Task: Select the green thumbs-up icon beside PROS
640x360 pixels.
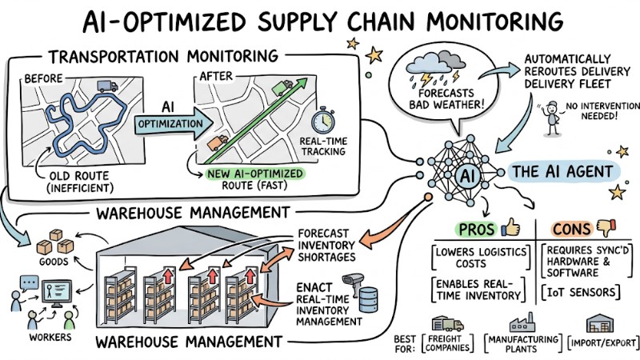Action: [x=510, y=228]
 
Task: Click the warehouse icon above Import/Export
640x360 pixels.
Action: [x=599, y=324]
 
